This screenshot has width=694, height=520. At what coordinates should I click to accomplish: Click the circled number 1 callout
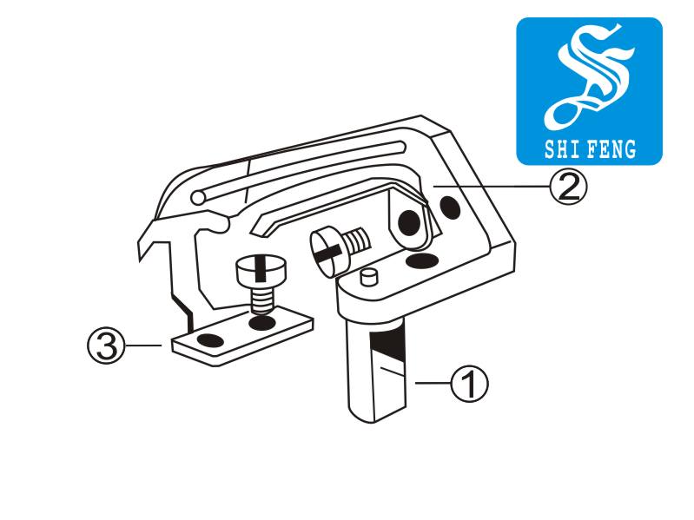click(470, 384)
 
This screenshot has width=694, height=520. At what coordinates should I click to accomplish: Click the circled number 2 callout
click(568, 187)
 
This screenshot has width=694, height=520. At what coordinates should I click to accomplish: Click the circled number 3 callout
click(106, 345)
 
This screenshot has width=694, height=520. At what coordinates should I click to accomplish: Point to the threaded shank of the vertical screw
click(261, 299)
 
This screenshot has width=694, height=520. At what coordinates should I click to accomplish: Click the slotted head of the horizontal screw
click(328, 253)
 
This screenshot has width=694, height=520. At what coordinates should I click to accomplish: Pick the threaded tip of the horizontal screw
click(357, 241)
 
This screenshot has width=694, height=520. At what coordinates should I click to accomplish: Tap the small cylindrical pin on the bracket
click(368, 277)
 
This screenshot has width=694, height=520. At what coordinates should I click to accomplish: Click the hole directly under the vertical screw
click(261, 322)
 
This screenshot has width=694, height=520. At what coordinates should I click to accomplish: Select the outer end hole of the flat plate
click(210, 340)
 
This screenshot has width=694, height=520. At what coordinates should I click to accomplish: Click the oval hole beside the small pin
click(421, 260)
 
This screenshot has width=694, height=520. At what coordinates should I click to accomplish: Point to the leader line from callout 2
click(492, 187)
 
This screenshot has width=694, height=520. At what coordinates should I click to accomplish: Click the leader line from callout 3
click(143, 345)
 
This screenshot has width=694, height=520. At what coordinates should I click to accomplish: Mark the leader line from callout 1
click(433, 383)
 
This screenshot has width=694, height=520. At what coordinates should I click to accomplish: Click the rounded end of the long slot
click(197, 198)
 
